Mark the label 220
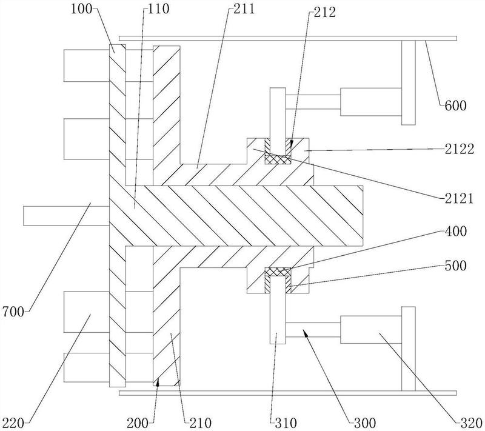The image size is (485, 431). coord(13,421)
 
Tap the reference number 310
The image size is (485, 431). coord(283,421)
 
